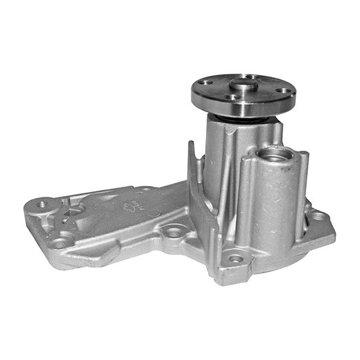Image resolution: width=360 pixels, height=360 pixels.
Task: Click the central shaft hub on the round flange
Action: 243,85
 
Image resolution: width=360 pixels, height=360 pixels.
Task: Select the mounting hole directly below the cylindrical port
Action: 237,257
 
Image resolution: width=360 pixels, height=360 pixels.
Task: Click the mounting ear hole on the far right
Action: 318,216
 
